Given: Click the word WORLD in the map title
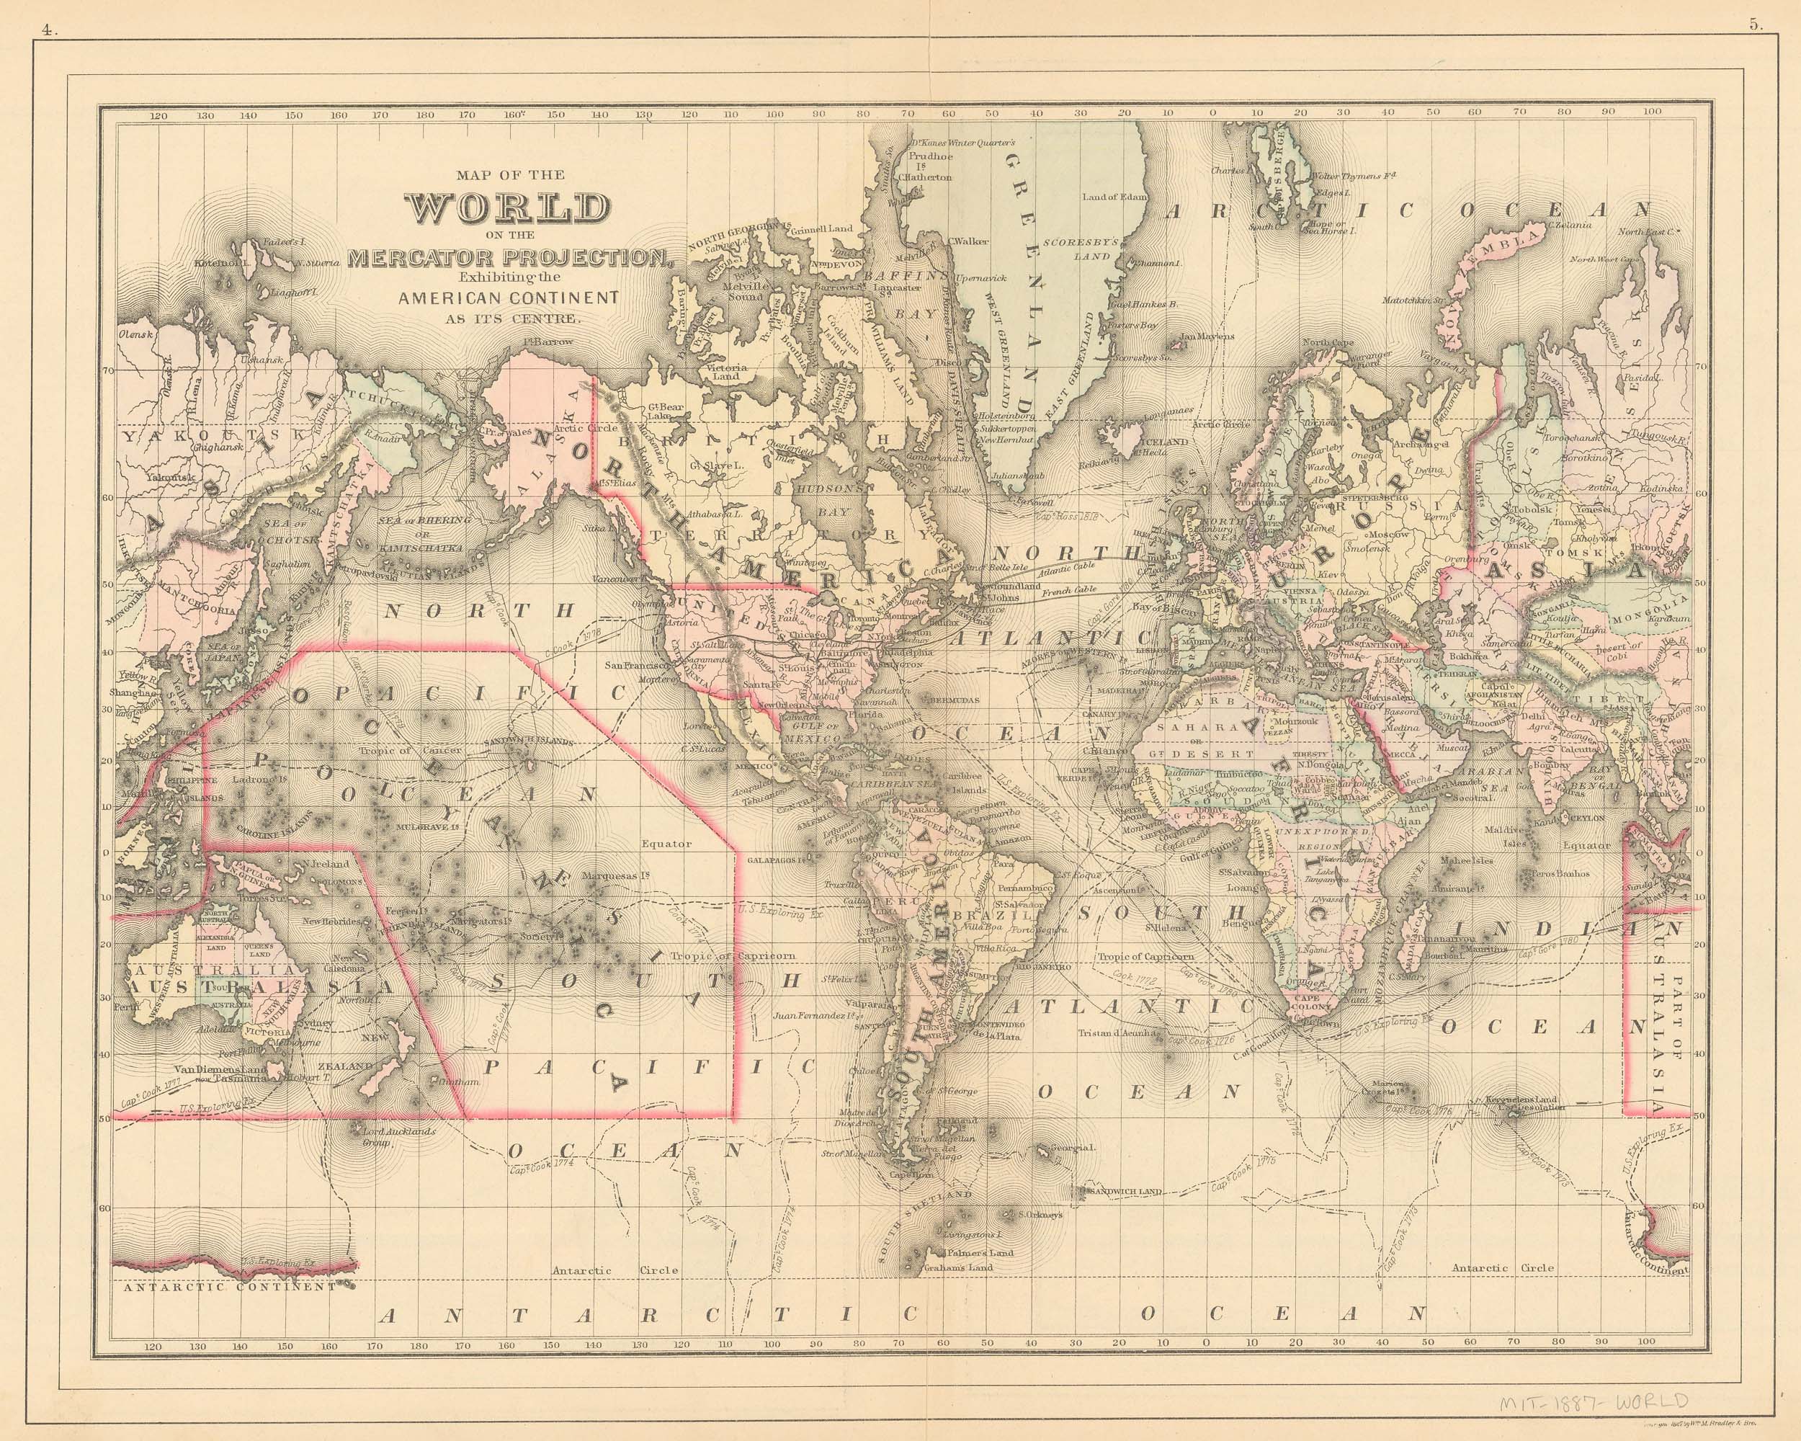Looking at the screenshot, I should click(507, 209).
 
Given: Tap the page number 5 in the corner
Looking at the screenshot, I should click(1754, 26).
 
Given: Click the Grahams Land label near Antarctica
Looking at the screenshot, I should click(957, 1291).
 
